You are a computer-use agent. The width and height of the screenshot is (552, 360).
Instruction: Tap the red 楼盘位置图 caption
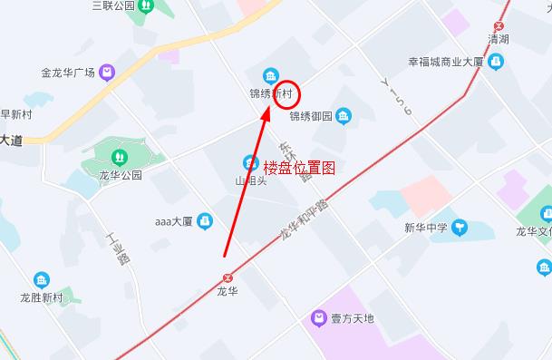coord(299,168)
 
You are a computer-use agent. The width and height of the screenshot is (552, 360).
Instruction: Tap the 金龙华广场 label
coord(68,73)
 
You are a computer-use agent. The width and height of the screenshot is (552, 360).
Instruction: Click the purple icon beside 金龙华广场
coord(108,72)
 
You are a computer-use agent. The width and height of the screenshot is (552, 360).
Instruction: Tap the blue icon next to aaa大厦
coord(205,219)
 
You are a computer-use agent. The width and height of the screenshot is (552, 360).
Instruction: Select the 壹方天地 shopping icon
coord(318,318)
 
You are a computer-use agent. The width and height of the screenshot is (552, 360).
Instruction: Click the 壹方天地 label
coord(353,319)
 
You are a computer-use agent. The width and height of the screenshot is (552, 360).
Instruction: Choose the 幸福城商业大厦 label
coord(445,63)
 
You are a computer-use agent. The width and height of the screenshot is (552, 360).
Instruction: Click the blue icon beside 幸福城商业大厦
coord(496,62)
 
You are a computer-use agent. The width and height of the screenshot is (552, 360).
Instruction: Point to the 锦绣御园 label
coord(311,116)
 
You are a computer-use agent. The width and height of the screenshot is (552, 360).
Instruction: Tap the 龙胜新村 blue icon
coord(42,280)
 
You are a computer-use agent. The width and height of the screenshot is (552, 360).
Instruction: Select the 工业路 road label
coord(118,248)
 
